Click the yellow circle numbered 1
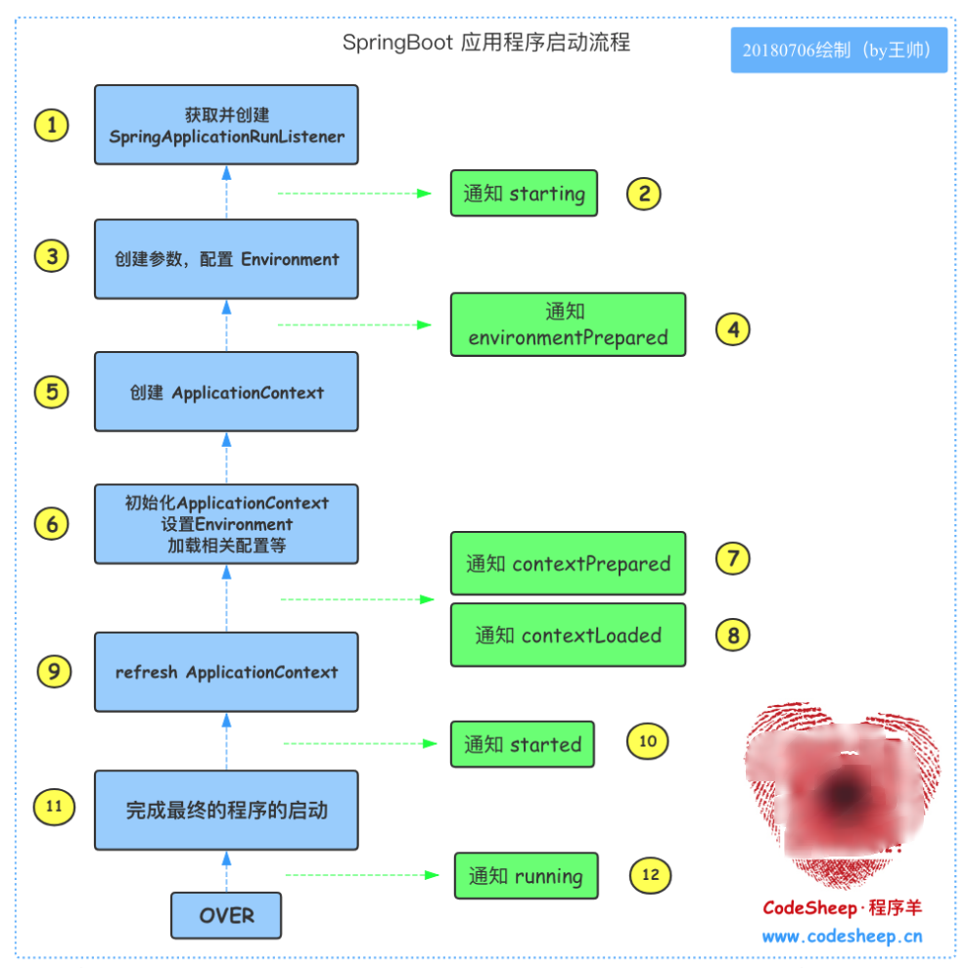click(x=51, y=125)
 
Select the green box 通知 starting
click(x=524, y=193)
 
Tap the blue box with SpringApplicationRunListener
click(x=226, y=125)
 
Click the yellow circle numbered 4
click(x=732, y=329)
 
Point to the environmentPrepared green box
click(x=568, y=326)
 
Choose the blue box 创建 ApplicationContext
click(x=226, y=392)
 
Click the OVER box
click(x=226, y=916)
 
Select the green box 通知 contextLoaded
click(x=568, y=636)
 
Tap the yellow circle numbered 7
click(x=732, y=558)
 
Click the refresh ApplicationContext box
click(x=226, y=672)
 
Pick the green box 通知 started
click(x=523, y=744)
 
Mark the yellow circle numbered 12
click(x=650, y=874)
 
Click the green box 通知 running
click(x=526, y=876)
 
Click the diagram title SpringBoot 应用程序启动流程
click(x=485, y=43)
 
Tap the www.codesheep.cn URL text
click(x=842, y=936)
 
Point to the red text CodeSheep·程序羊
click(x=842, y=907)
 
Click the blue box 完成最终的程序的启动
click(x=226, y=811)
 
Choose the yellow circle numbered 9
click(x=54, y=671)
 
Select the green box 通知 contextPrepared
click(x=568, y=563)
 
